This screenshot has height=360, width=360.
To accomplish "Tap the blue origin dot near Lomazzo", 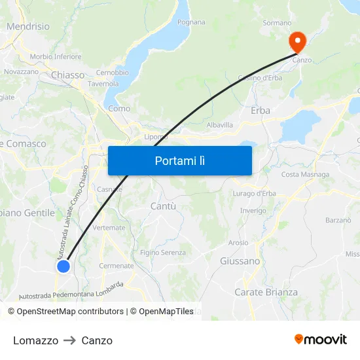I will (x=63, y=266).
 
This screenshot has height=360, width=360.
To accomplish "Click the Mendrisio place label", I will (x=27, y=27).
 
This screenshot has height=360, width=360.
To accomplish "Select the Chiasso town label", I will (x=68, y=75).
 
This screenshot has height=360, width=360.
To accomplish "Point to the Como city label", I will (x=119, y=109).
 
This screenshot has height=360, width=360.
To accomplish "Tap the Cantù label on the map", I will (x=163, y=206).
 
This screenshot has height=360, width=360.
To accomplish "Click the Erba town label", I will (x=260, y=111).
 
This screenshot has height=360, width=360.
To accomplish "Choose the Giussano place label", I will (x=240, y=261).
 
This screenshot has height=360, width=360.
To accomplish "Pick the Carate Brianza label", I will (x=266, y=293).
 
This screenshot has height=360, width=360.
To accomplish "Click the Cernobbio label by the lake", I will (x=112, y=73).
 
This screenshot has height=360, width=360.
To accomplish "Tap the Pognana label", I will (x=191, y=22).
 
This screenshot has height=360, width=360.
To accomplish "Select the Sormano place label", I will (x=277, y=23).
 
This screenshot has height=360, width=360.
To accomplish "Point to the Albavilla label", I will (x=219, y=124).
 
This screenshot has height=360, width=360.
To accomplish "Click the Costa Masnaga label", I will (x=305, y=175).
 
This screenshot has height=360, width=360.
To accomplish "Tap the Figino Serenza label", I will (x=163, y=253).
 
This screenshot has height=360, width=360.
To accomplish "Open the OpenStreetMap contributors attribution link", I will (x=70, y=312).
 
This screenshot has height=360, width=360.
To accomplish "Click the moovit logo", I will (x=320, y=340).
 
